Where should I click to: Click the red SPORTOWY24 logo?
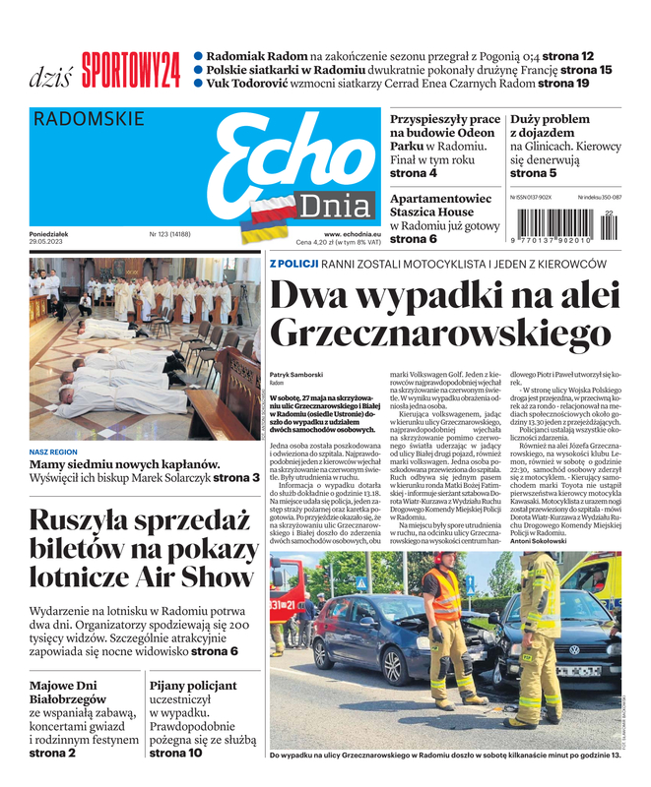131,71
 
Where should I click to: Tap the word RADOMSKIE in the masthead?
89,119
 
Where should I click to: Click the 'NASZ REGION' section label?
53,453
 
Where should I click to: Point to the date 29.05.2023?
51,242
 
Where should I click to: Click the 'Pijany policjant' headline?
193,686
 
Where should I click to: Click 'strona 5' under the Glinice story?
533,173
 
